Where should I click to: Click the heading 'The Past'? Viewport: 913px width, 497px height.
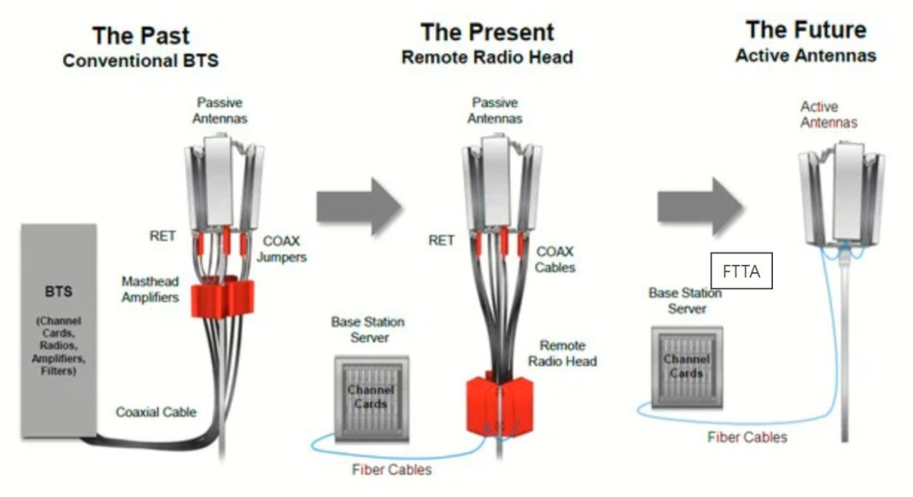(140, 37)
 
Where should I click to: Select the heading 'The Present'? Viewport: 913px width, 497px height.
(487, 33)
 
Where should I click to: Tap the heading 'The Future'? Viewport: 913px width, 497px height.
(805, 30)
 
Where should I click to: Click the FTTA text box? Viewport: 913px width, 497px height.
(741, 271)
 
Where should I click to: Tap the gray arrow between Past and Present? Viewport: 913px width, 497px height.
(359, 205)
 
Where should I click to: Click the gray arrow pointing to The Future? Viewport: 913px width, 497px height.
(700, 204)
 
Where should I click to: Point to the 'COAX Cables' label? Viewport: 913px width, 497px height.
(555, 260)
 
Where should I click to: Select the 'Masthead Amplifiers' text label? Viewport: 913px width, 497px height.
(150, 289)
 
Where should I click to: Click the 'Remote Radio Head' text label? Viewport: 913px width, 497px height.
(562, 353)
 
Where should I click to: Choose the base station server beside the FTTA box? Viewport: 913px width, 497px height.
(687, 366)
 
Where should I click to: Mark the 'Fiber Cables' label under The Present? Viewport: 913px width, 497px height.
(391, 469)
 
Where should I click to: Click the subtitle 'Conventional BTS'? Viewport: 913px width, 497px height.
(140, 62)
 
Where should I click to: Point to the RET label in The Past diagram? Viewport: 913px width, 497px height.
(162, 236)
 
